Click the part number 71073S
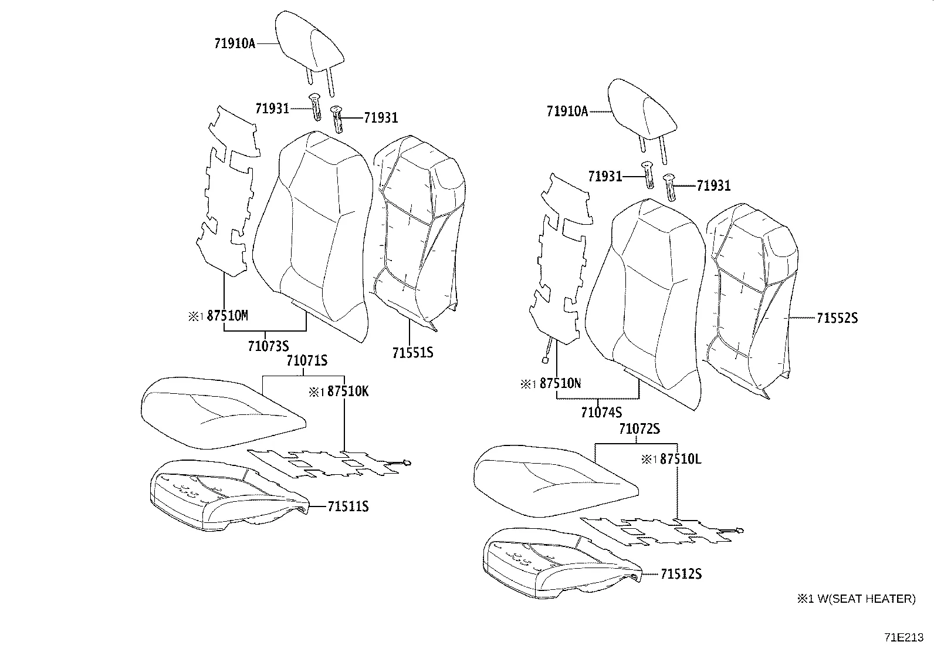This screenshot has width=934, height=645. pyautogui.click(x=268, y=346)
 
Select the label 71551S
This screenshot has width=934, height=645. pyautogui.click(x=412, y=353)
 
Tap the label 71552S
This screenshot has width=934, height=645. pyautogui.click(x=837, y=318)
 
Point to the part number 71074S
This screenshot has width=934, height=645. pyautogui.click(x=601, y=413)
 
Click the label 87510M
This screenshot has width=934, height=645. pyautogui.click(x=228, y=316)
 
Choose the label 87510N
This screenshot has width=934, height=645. pyautogui.click(x=560, y=383)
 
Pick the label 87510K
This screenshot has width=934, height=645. pyautogui.click(x=347, y=391)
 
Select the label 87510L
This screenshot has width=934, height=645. pyautogui.click(x=680, y=459)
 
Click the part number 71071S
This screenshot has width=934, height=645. pyautogui.click(x=306, y=360)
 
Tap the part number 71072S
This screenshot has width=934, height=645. pyautogui.click(x=639, y=429)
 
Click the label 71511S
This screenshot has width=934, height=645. pyautogui.click(x=348, y=506)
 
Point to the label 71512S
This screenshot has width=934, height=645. pyautogui.click(x=681, y=573)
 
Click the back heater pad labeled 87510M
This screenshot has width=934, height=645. pyautogui.click(x=226, y=194)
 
